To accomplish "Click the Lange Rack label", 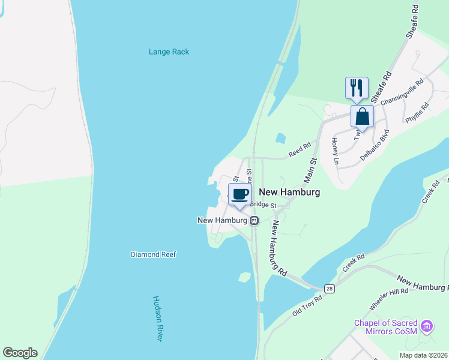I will click(169, 52).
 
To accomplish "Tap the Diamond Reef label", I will click(153, 254).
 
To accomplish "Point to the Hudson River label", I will click(158, 319).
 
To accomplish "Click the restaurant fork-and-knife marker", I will click(356, 87).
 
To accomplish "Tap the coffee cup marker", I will click(240, 194).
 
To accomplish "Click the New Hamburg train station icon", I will click(255, 221).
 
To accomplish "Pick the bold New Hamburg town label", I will click(289, 192).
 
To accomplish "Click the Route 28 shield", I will click(329, 289).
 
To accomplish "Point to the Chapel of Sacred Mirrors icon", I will click(427, 326).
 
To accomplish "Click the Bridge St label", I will click(263, 205).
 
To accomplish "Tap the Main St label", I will click(310, 170).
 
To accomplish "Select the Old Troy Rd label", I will click(307, 304).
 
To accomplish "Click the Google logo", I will click(20, 353).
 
